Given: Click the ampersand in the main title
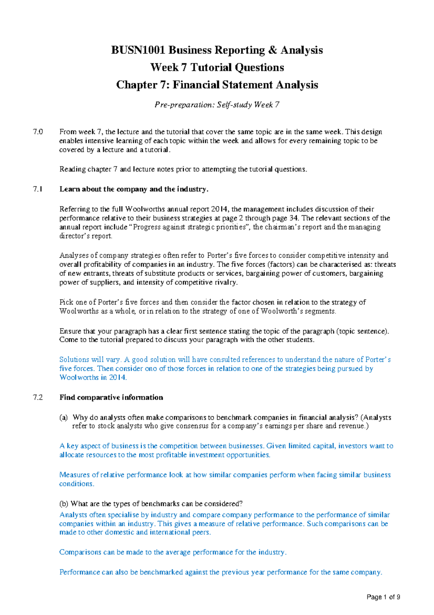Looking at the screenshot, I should (272, 50).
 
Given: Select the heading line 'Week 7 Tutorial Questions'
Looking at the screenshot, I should (217, 67).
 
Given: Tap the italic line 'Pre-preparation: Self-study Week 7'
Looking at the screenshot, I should (217, 105).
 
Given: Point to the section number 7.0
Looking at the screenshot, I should (38, 132).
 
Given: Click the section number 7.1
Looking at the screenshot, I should (38, 189).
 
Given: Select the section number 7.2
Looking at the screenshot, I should (38, 397).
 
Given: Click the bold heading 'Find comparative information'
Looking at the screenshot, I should (111, 397).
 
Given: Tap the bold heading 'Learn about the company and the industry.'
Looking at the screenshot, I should (134, 189).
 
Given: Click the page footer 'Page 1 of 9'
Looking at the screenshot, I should (383, 597).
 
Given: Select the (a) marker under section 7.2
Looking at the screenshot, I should (64, 417).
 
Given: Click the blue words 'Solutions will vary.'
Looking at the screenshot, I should (90, 360).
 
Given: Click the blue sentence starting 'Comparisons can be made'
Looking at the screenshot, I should (173, 552).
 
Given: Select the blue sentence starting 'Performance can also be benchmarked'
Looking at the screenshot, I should (221, 572).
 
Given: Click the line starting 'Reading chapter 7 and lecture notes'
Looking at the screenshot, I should (183, 169).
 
